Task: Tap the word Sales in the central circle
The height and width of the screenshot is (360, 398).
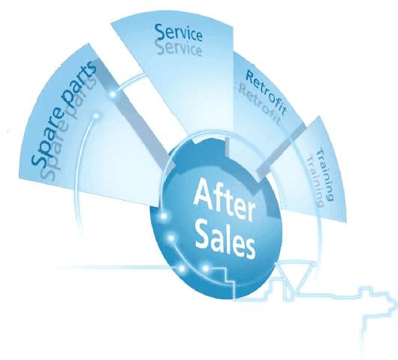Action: click(225, 241)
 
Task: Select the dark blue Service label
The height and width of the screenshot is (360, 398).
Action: click(179, 33)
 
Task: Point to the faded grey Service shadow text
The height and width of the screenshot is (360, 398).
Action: click(179, 48)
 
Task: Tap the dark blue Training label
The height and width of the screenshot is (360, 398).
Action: click(326, 174)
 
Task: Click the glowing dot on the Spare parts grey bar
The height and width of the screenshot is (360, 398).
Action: click(113, 95)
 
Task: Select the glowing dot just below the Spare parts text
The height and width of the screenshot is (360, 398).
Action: click(96, 116)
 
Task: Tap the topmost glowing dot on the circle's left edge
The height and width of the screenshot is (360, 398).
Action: click(164, 216)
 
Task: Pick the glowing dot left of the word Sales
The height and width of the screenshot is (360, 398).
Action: click(171, 238)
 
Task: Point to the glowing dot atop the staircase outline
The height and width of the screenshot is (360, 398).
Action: click(206, 268)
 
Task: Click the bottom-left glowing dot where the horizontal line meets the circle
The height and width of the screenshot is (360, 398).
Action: click(182, 268)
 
